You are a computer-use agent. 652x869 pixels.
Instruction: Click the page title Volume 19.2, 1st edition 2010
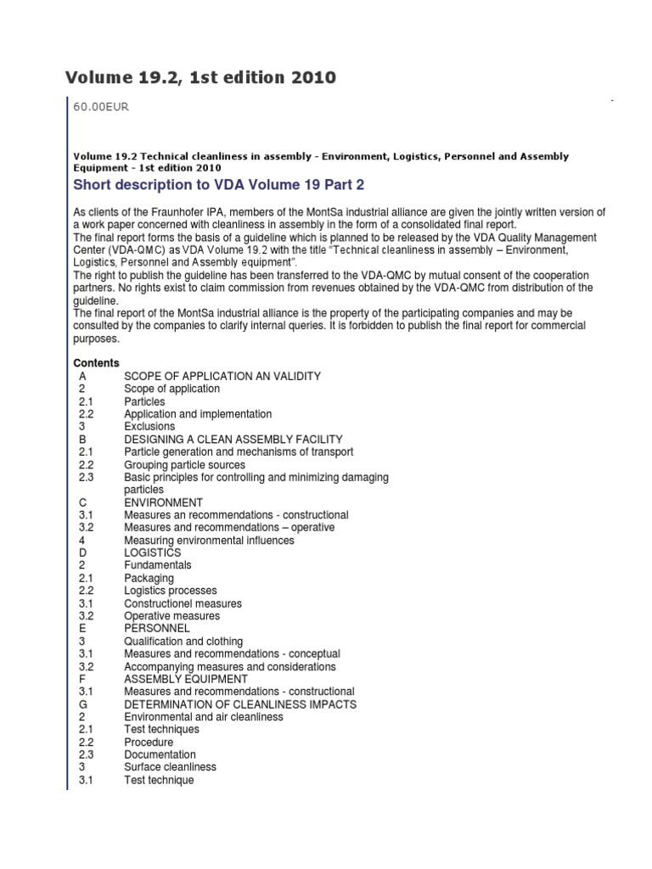(x=200, y=78)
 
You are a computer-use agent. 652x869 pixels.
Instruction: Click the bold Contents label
(x=96, y=363)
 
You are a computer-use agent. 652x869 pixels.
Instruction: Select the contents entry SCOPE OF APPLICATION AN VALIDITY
(x=222, y=376)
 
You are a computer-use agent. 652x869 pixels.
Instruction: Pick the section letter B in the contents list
(x=82, y=440)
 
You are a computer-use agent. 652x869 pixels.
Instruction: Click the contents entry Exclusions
(x=149, y=426)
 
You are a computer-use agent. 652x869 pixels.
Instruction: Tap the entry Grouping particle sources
(x=184, y=465)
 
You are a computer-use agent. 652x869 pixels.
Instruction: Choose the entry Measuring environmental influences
(x=209, y=541)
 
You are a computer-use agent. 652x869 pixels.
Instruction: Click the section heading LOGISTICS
(x=152, y=552)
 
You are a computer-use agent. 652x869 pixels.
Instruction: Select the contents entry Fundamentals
(x=158, y=565)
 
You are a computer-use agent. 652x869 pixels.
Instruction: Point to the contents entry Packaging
(x=149, y=578)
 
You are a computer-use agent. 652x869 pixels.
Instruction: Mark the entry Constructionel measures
(x=183, y=603)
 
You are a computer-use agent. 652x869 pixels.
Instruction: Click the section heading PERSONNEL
(x=156, y=628)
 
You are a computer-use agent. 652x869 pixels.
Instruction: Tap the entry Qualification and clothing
(x=183, y=642)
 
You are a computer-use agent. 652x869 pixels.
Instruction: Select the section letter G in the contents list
(x=83, y=704)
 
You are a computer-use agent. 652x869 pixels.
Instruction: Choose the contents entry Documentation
(x=160, y=754)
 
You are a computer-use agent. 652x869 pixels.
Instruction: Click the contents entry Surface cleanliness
(x=170, y=767)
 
